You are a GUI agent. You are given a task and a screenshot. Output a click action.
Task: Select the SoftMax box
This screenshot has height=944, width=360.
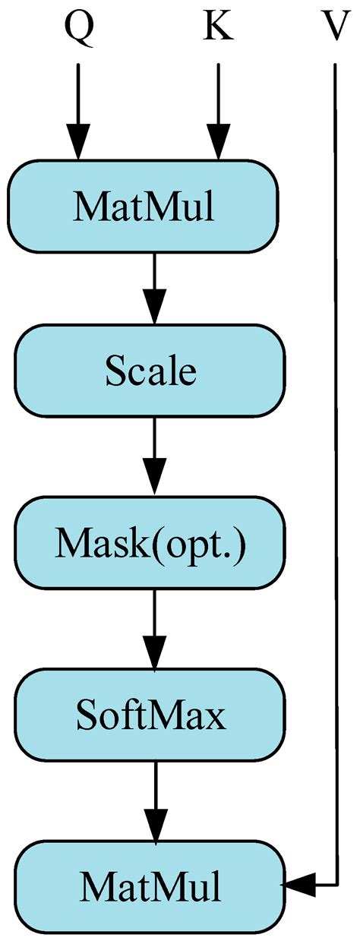[x=151, y=715]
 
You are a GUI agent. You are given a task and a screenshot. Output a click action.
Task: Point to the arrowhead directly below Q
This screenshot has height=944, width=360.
[x=77, y=144]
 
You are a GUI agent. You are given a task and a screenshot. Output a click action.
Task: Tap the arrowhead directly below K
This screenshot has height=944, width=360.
[x=218, y=144]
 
